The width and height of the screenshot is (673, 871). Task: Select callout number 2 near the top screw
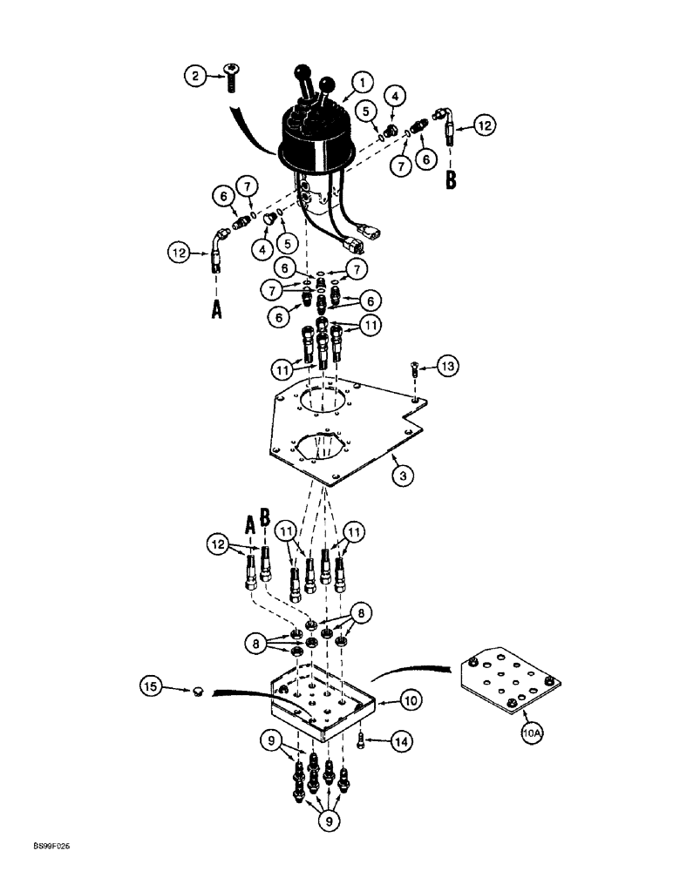196,76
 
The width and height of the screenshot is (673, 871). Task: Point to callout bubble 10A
533,734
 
